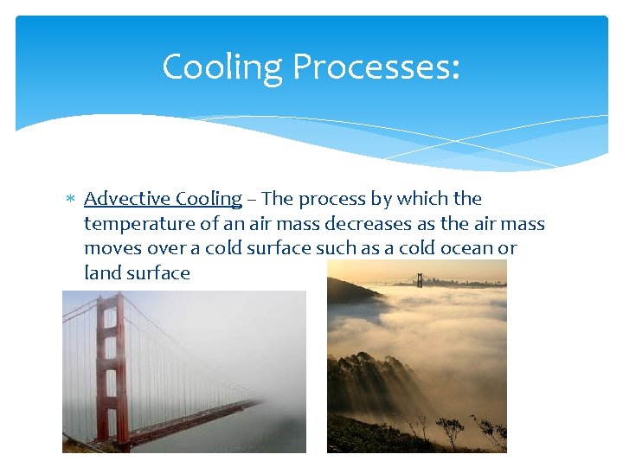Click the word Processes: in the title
(x=376, y=67)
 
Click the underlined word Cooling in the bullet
(x=209, y=199)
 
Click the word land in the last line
(x=100, y=273)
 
